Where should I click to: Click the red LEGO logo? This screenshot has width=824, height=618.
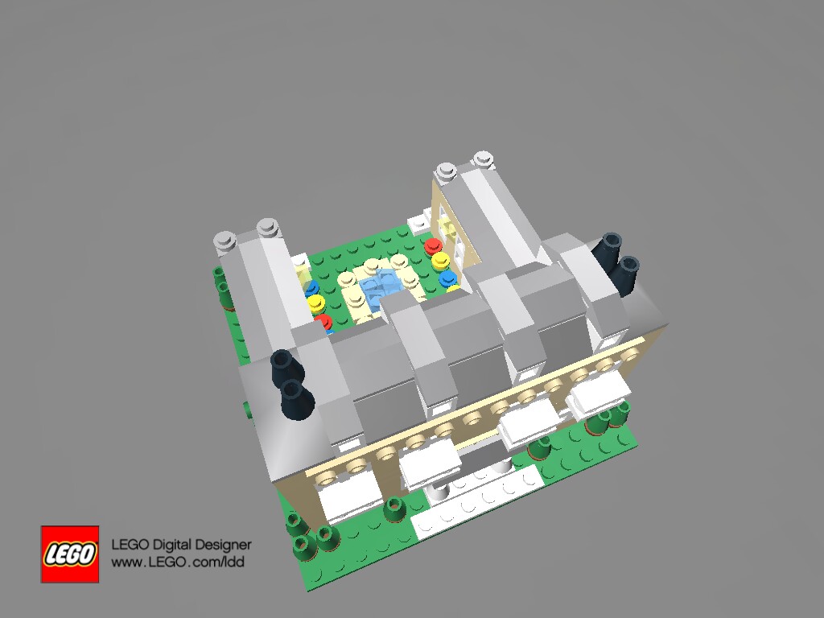[70, 554]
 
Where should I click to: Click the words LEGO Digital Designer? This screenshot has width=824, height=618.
[181, 545]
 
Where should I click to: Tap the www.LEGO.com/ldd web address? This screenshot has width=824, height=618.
[178, 562]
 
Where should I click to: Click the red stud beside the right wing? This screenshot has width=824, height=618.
[433, 245]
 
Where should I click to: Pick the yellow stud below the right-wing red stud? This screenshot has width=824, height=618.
[440, 260]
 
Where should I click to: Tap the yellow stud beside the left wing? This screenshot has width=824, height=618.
[316, 303]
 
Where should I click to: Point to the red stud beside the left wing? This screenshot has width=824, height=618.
[323, 320]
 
